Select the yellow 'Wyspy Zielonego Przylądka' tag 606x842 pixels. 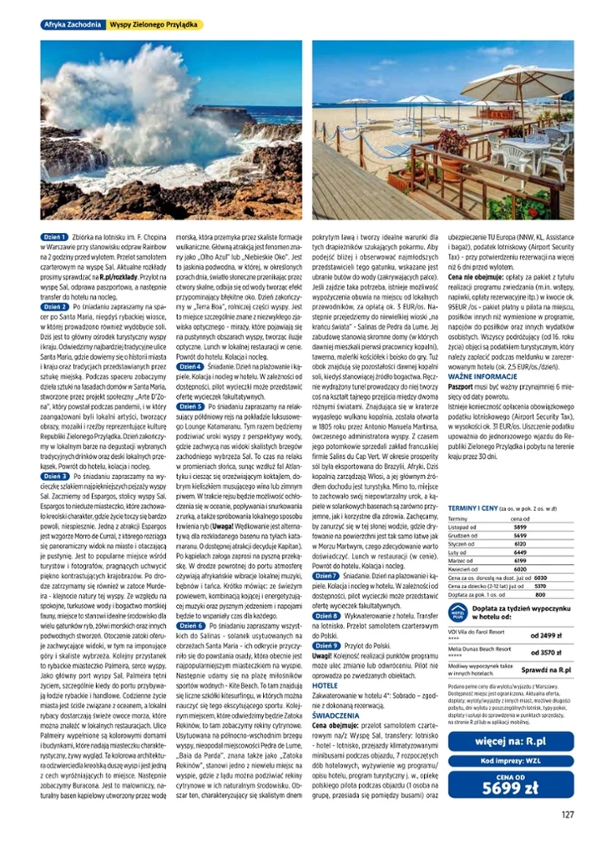tap(154, 25)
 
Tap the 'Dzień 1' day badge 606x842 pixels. tap(55, 239)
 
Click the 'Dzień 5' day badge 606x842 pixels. tap(189, 406)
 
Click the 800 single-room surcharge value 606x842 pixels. tap(540, 595)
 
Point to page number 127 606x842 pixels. tap(567, 816)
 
